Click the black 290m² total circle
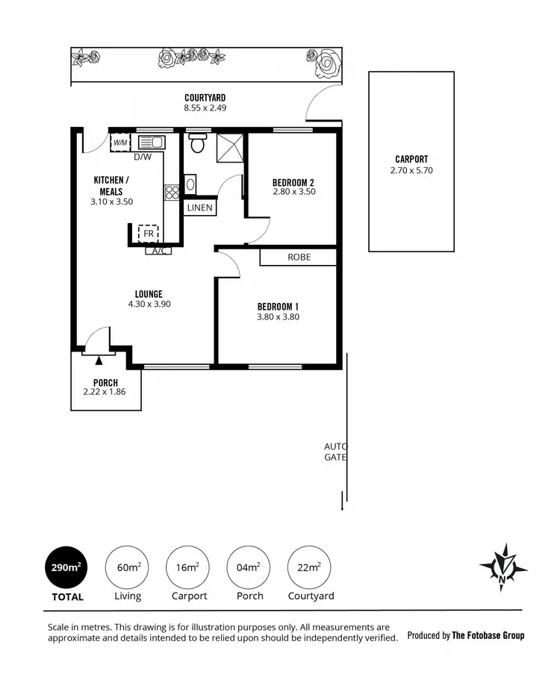click(x=66, y=567)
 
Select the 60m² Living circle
click(x=128, y=567)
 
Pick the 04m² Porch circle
click(x=249, y=567)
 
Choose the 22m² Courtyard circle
click(x=310, y=567)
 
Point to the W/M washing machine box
click(x=120, y=142)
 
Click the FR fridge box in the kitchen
click(x=149, y=234)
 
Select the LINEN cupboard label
click(x=200, y=208)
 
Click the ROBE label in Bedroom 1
click(x=299, y=257)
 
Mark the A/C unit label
click(x=158, y=251)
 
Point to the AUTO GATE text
click(x=335, y=452)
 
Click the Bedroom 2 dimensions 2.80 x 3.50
click(x=293, y=191)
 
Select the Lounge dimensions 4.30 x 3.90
click(x=149, y=304)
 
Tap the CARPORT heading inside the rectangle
click(x=411, y=159)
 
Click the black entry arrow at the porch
click(x=99, y=361)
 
